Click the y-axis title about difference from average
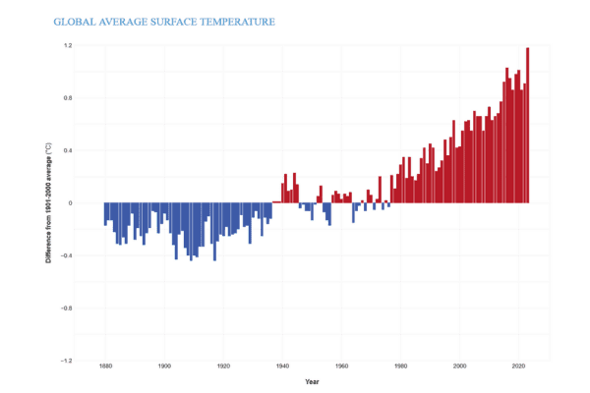48,203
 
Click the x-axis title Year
311,381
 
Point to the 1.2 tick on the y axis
68,46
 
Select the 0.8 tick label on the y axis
68,98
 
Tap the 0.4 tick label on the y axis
68,150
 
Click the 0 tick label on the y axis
70,203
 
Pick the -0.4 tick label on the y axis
67,255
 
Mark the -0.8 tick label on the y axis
67,308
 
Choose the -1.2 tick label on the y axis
67,361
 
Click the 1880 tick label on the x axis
105,367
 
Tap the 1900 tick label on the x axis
164,367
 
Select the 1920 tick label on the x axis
223,367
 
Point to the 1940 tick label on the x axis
282,367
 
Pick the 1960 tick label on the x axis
341,367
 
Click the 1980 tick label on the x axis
400,367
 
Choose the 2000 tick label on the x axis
459,367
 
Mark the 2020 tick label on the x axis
518,367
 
